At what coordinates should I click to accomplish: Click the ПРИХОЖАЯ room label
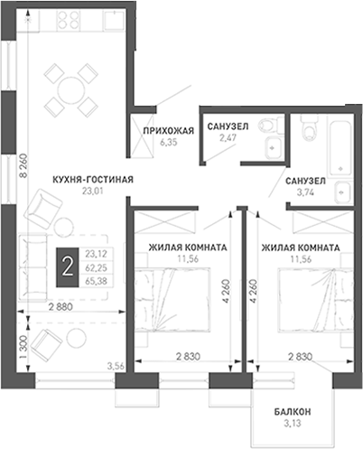tap(168, 131)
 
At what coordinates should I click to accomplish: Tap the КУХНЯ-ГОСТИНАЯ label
tap(93, 180)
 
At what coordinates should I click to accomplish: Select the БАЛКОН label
tap(293, 412)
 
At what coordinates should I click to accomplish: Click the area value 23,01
tap(93, 191)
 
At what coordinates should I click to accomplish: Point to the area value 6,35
tap(169, 142)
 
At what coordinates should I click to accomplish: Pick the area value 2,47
tap(228, 137)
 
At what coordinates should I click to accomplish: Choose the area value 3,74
tap(305, 192)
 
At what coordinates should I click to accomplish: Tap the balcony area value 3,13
tap(293, 424)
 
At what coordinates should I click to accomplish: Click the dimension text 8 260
tap(23, 169)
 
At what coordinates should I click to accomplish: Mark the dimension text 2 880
tap(60, 307)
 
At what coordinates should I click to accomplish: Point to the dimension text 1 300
tap(23, 348)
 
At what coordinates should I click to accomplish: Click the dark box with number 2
tap(67, 267)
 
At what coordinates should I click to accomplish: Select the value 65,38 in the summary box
tap(96, 281)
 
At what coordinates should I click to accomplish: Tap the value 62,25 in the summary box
tap(96, 267)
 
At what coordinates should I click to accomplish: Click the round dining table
tap(71, 90)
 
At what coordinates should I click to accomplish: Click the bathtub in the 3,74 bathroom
tap(340, 150)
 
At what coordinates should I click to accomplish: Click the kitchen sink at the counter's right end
tap(114, 20)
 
